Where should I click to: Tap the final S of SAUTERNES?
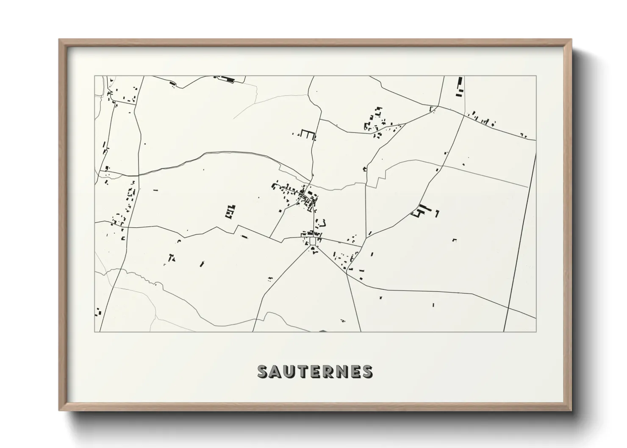coord(367,371)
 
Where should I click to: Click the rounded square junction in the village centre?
coord(313,241)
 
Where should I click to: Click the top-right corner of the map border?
coord(536,76)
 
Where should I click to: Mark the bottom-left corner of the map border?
coord(94,332)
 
